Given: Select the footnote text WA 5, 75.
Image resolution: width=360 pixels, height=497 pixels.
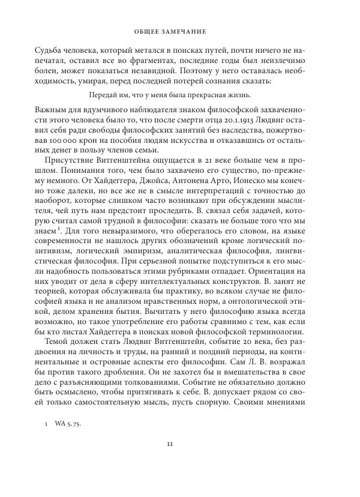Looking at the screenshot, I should click(67, 423).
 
